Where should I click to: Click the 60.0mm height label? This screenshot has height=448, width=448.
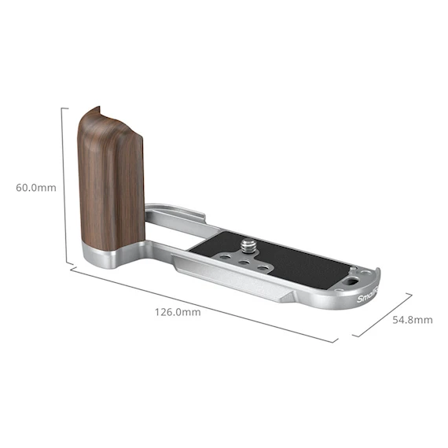(x=36, y=188)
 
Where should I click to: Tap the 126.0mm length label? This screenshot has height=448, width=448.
(x=178, y=312)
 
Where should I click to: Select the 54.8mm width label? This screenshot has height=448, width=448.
(x=413, y=320)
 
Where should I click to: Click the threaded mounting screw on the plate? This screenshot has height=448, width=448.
(x=246, y=246)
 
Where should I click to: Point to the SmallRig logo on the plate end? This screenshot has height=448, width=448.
(x=368, y=296)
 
